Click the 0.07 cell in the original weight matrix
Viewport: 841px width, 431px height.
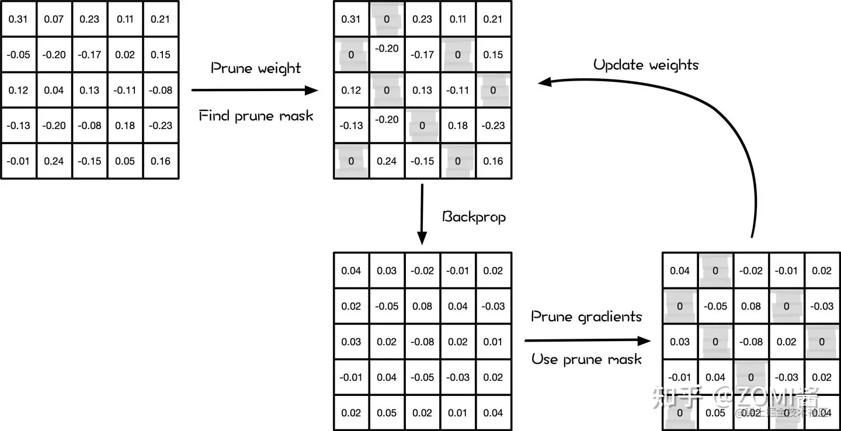[54, 19]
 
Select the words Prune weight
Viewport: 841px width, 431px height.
[256, 68]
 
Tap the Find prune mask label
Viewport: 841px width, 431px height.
[256, 116]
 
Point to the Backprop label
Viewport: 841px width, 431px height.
[474, 217]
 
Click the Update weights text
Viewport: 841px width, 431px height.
[645, 64]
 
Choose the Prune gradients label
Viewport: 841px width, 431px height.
[586, 317]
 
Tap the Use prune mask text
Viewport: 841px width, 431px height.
[586, 359]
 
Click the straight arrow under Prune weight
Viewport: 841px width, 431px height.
[255, 91]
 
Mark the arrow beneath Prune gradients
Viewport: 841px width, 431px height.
[588, 340]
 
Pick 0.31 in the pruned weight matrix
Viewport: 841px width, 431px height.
[351, 19]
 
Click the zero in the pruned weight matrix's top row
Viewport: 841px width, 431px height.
[387, 19]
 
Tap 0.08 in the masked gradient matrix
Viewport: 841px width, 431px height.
[751, 306]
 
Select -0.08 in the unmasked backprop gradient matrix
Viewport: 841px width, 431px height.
[422, 342]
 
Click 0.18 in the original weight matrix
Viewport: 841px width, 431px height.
[125, 126]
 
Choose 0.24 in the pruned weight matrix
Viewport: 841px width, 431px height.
[387, 161]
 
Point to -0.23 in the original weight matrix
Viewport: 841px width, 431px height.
[161, 126]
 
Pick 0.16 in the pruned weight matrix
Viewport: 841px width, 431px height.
[494, 161]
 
